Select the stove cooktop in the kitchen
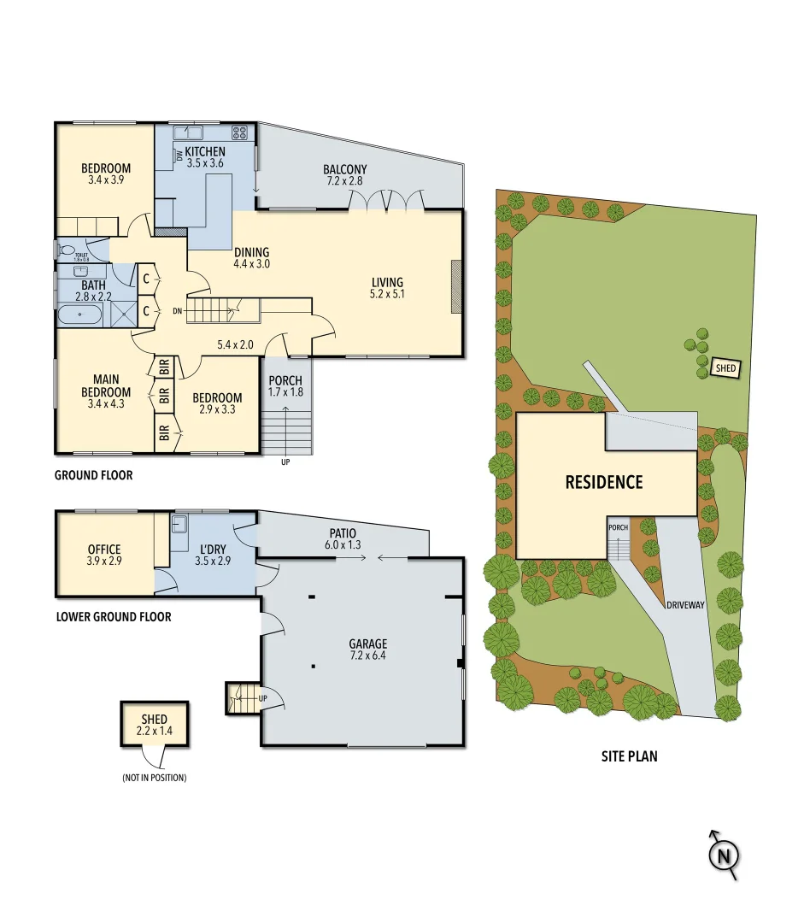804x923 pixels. [240, 132]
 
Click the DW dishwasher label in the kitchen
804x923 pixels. [179, 156]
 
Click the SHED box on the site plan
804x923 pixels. [725, 368]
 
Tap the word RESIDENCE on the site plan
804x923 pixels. [603, 482]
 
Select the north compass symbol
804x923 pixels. [724, 854]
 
